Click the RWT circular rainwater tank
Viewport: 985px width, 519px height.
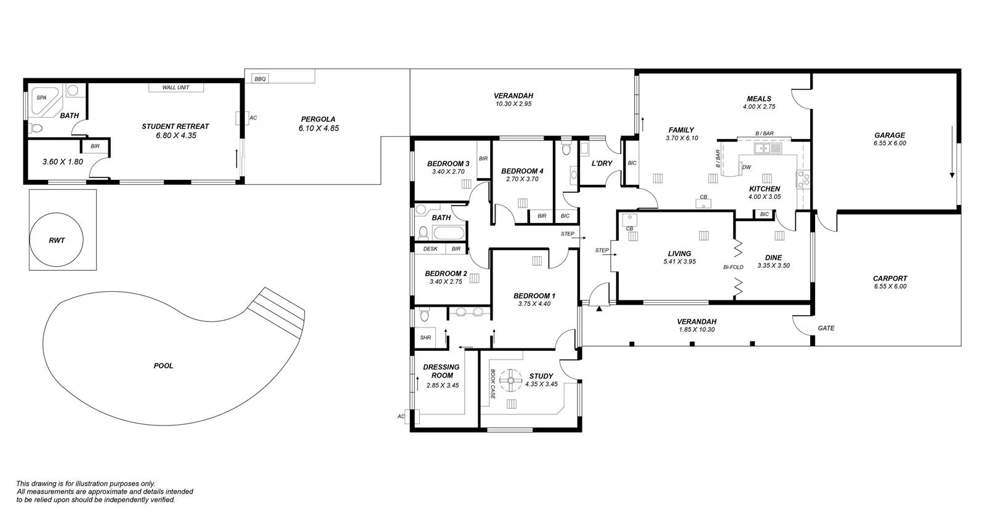57,239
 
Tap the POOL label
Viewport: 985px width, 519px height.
163,366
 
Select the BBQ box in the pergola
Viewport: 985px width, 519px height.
260,79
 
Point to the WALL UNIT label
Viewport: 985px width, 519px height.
175,87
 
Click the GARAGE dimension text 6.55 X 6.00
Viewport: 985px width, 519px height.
890,143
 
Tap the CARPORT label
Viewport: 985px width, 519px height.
890,278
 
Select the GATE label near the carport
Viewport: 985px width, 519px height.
826,328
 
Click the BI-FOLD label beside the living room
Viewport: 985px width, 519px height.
733,267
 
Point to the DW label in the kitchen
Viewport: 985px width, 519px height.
746,167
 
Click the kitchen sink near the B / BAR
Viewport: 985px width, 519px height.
768,148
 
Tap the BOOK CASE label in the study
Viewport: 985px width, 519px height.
493,384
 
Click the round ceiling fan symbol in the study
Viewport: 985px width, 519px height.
510,381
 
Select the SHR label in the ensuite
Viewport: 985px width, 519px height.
425,337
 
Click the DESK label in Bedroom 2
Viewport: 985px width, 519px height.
430,249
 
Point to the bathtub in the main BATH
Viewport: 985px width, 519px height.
448,233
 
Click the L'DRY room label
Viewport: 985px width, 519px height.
601,163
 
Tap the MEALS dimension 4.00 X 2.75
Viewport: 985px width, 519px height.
758,107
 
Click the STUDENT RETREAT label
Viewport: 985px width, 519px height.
175,126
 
